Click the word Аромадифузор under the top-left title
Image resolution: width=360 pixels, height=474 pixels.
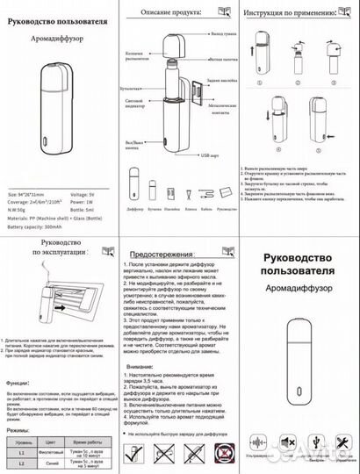click(x=58, y=39)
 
